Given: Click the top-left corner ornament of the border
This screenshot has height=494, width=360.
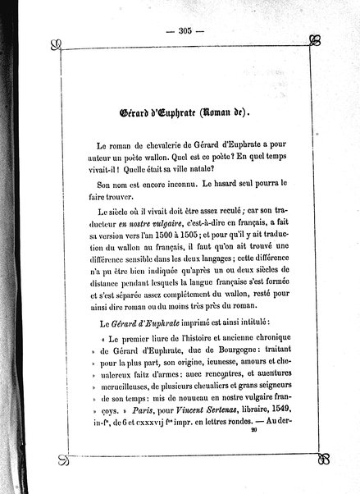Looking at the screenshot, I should click(x=53, y=43).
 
